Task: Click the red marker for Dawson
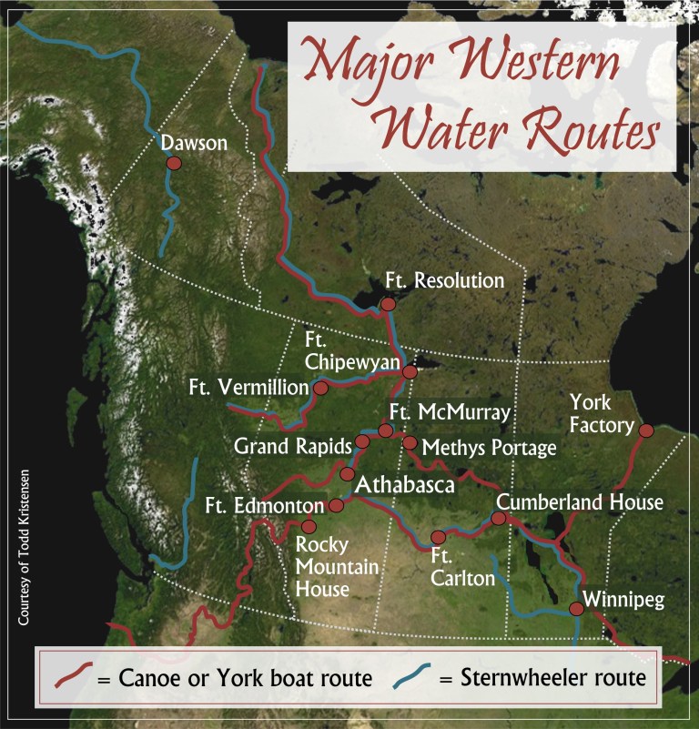pos(174,163)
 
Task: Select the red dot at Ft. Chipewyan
pos(410,371)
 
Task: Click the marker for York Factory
pos(646,430)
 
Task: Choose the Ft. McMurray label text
pos(449,411)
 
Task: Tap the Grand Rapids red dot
pos(361,441)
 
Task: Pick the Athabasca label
pos(404,485)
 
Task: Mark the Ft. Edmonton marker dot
pos(336,505)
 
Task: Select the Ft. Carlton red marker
pos(438,537)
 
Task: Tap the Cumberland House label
pos(580,502)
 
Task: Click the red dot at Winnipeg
pos(576,608)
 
